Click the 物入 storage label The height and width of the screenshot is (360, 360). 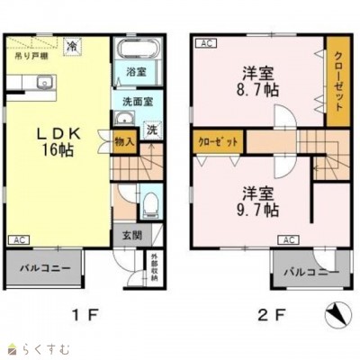pyautogui.click(x=124, y=140)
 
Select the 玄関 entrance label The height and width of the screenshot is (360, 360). pyautogui.click(x=130, y=236)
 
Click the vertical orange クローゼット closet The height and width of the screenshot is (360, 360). pyautogui.click(x=337, y=80)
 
